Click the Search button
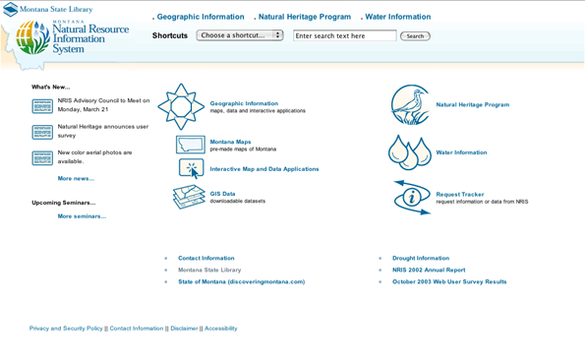pos(415,36)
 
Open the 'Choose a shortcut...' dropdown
pos(240,35)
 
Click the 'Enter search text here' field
pos(344,35)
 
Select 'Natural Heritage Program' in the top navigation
pos(304,17)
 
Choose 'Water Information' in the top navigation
pos(398,17)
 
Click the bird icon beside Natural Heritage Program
pos(410,104)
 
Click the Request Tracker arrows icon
pos(411,197)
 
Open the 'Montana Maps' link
pos(230,142)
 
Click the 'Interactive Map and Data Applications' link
pos(263,169)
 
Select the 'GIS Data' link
pos(222,194)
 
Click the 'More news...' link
pos(76,179)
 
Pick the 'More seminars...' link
pos(82,216)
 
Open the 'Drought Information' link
pos(420,259)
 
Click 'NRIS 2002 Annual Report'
pos(429,270)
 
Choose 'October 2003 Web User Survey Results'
pos(449,282)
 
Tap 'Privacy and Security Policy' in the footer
pos(66,329)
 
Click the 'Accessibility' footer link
pos(220,329)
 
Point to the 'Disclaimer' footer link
pos(184,329)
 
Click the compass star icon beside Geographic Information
pos(181,106)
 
